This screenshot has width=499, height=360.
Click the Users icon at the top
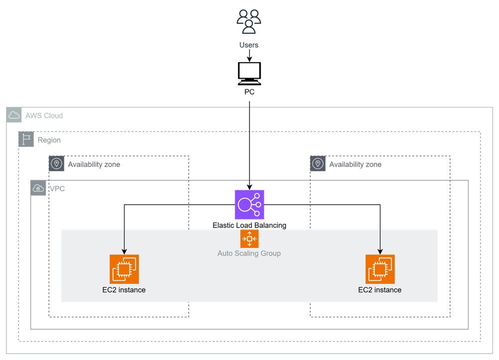[249, 21]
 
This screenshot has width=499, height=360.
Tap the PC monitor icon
[249, 74]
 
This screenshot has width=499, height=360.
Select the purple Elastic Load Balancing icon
[249, 204]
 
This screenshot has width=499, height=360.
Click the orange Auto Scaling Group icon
[249, 239]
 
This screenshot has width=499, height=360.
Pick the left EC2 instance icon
[124, 269]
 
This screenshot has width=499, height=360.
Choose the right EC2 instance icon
[380, 269]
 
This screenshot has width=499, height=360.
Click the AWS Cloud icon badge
[14, 116]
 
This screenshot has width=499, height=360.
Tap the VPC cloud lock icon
[38, 188]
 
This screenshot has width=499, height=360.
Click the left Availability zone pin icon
[57, 164]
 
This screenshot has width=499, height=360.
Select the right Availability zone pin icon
[318, 164]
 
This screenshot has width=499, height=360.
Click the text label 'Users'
[249, 45]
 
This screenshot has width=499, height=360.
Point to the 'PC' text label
[249, 92]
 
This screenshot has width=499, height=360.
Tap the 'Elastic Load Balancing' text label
[249, 225]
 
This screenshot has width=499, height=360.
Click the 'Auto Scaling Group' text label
[249, 253]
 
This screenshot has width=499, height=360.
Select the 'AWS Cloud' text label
[44, 116]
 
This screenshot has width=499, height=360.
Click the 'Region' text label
[49, 140]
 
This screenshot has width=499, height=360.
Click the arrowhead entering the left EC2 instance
[124, 251]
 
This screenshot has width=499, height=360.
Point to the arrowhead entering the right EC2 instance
[380, 251]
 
